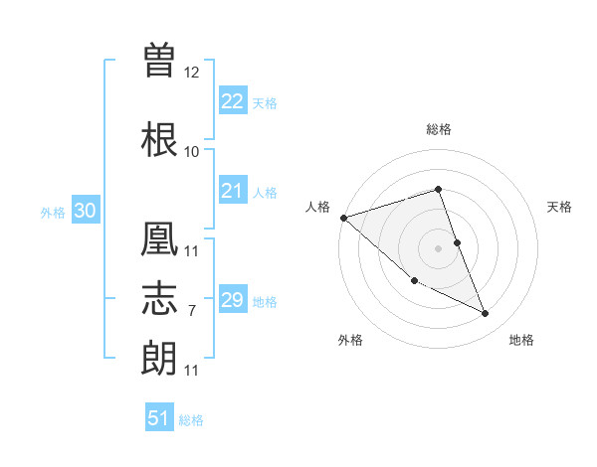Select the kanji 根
(160, 139)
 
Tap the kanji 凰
(160, 238)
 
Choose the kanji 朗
(160, 359)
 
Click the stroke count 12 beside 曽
(192, 73)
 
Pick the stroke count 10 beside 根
(192, 152)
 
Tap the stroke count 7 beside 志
(191, 311)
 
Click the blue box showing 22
(232, 101)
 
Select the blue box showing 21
(232, 191)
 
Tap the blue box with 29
(232, 300)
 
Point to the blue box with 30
(85, 211)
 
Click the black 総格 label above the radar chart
(439, 129)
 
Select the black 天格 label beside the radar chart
(560, 207)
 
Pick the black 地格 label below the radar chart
(521, 340)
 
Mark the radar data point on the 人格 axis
(342, 218)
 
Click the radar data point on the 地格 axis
(486, 314)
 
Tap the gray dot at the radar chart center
(439, 247)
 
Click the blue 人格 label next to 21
(265, 192)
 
